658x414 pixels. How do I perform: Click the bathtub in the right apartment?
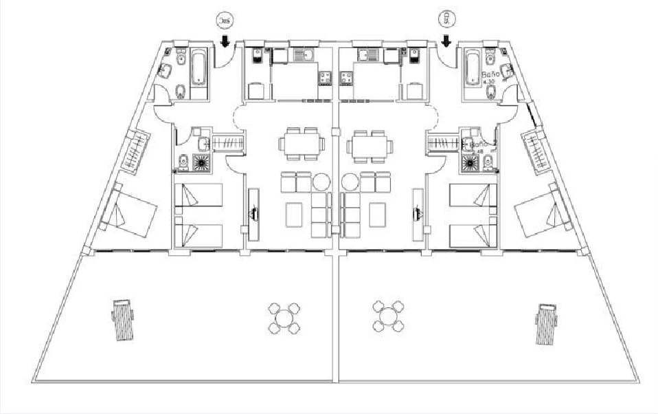pos(473,69)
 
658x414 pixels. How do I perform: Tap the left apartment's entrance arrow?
pos(225,43)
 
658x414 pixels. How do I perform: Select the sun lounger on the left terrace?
pos(123,320)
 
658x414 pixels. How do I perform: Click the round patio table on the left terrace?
pos(284,317)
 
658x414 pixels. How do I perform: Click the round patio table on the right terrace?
pos(388,315)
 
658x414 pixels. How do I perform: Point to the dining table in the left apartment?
pos(302,145)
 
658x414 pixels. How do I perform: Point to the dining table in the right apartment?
pos(371,145)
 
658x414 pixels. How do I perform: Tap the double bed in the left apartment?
pos(135,213)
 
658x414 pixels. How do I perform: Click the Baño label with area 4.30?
pos(490,76)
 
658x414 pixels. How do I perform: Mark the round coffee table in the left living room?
pos(321,182)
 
